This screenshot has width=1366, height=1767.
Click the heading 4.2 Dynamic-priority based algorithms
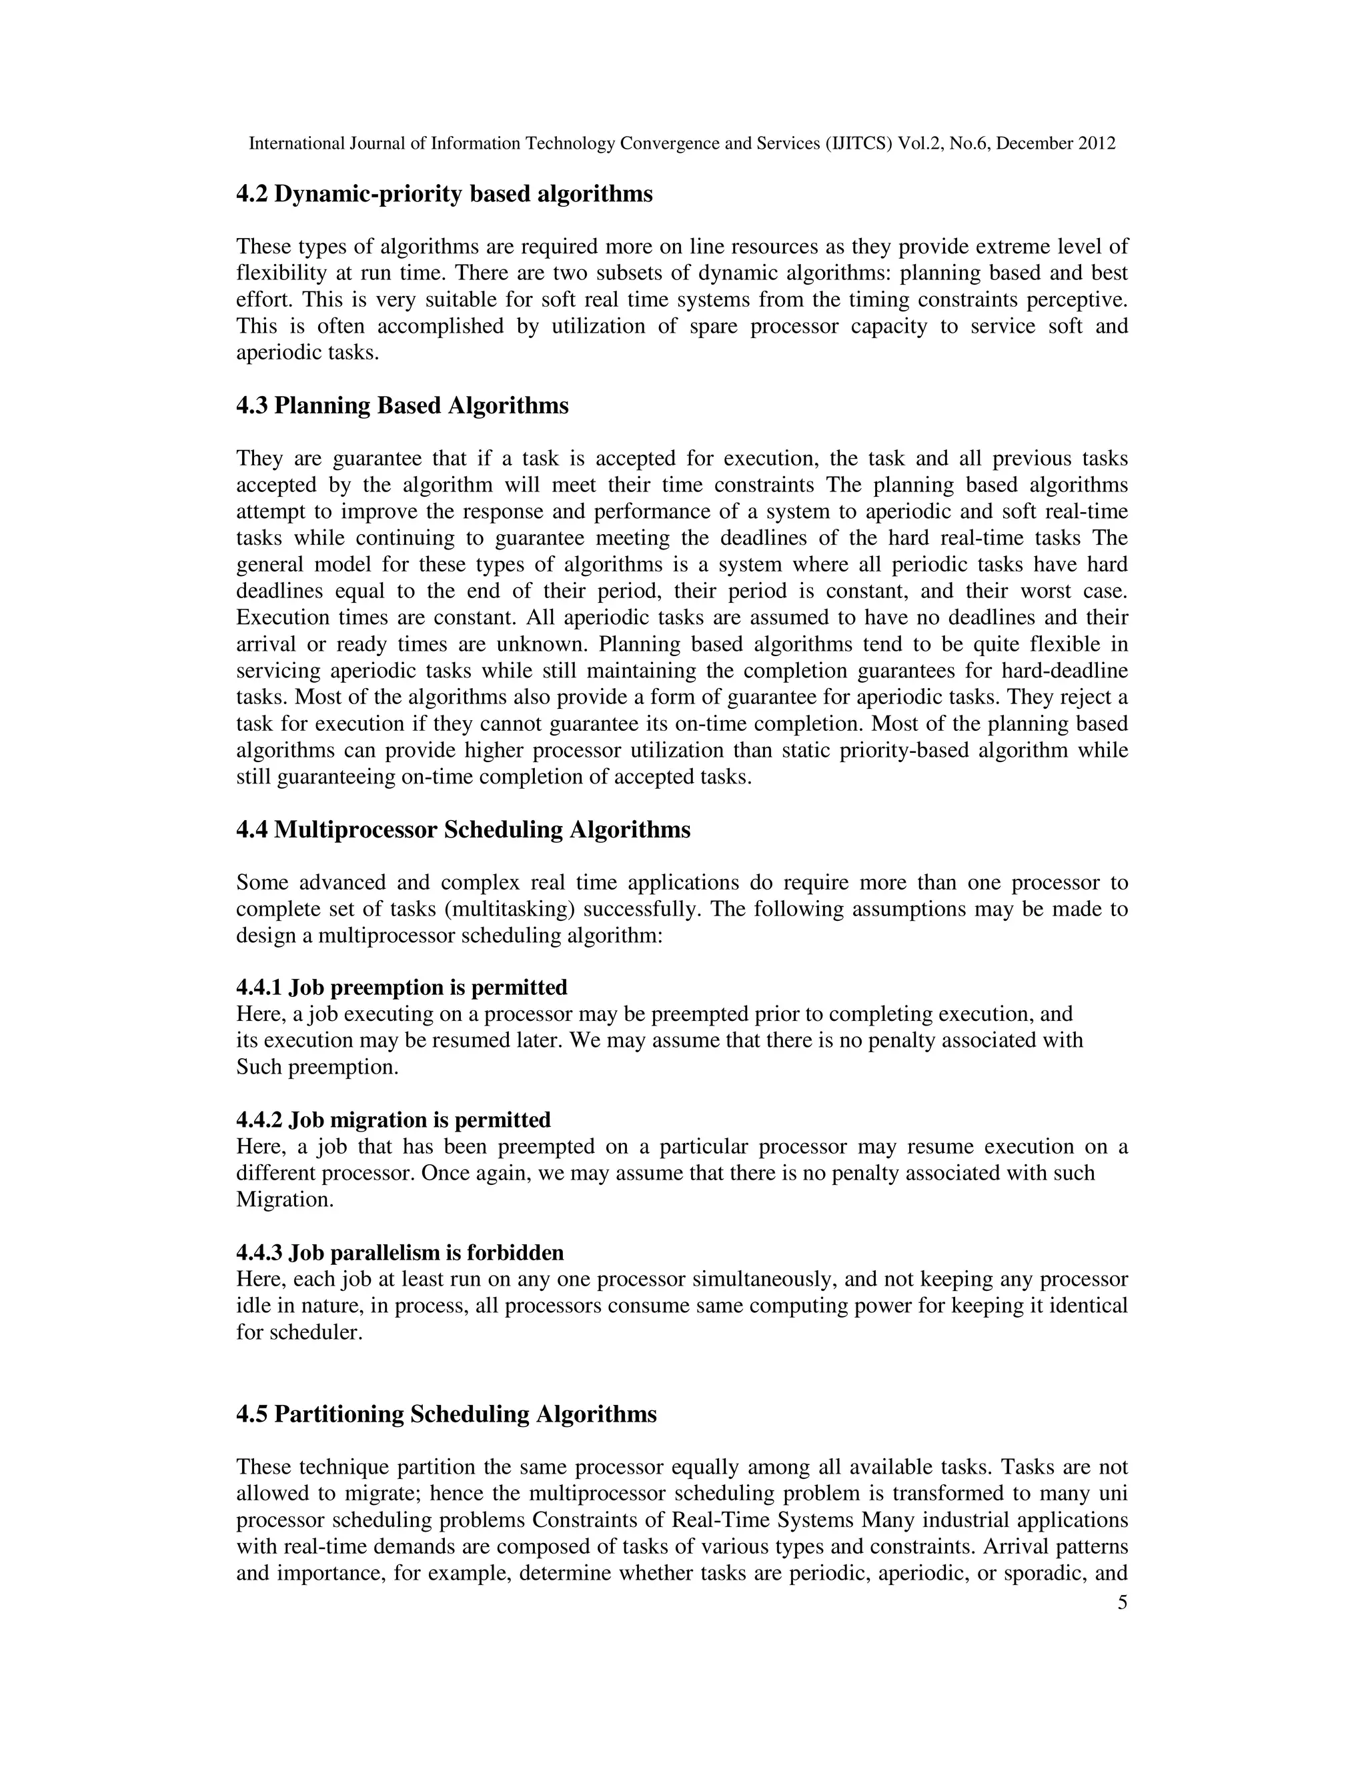(444, 194)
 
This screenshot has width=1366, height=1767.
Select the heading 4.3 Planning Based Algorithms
(402, 405)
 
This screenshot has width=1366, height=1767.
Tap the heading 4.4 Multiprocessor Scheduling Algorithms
(463, 829)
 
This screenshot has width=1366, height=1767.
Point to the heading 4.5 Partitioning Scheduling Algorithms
(446, 1414)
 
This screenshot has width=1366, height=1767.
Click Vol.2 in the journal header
(919, 144)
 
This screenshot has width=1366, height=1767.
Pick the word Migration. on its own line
(285, 1199)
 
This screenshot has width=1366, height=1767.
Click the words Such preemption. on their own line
(317, 1066)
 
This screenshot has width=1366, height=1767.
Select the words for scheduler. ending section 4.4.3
(299, 1332)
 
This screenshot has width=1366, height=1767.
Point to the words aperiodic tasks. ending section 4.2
(307, 353)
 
